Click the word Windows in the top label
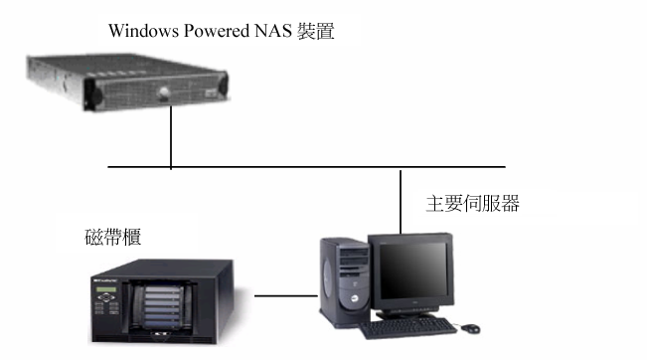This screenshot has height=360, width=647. point(141,32)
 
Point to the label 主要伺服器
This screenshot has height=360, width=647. point(472,206)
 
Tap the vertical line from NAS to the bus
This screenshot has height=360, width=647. point(171,134)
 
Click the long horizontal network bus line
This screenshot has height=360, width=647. point(298,167)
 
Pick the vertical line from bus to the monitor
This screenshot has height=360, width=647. point(400,199)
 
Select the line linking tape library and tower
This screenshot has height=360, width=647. point(283,295)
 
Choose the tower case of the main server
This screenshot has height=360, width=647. point(339,283)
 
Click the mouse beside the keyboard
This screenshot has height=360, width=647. point(467,325)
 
